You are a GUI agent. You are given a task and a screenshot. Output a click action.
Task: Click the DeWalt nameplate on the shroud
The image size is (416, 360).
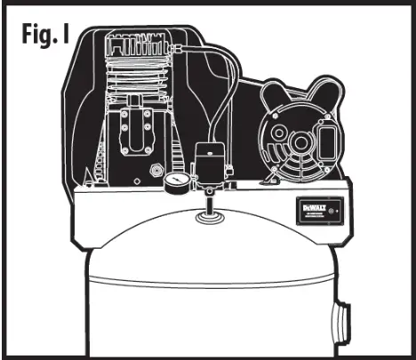click(x=316, y=212)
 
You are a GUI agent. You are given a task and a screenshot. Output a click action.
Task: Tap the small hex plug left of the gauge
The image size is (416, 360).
click(x=156, y=168)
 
